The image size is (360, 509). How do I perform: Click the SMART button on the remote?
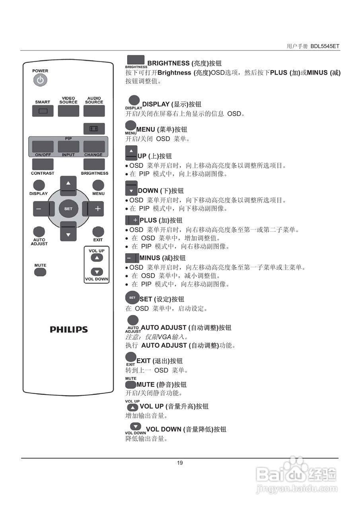(x=43, y=111)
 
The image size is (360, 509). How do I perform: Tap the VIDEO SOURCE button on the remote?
(x=68, y=111)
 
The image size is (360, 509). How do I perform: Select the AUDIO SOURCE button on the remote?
(x=94, y=111)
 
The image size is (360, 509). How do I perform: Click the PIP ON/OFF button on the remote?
(x=43, y=146)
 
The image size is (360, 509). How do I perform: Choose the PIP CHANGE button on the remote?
(x=94, y=146)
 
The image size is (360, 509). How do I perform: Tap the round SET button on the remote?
(x=68, y=209)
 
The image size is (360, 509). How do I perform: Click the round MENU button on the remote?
(x=98, y=185)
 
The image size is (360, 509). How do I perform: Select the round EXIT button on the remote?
(x=98, y=232)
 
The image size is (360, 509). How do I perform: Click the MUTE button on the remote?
(x=40, y=272)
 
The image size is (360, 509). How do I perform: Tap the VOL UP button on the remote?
(x=97, y=258)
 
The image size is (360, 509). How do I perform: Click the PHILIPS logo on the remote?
(x=68, y=330)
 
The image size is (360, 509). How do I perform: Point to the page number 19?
(x=180, y=463)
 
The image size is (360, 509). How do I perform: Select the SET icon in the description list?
(x=132, y=298)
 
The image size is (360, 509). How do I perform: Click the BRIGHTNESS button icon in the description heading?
(x=136, y=60)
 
